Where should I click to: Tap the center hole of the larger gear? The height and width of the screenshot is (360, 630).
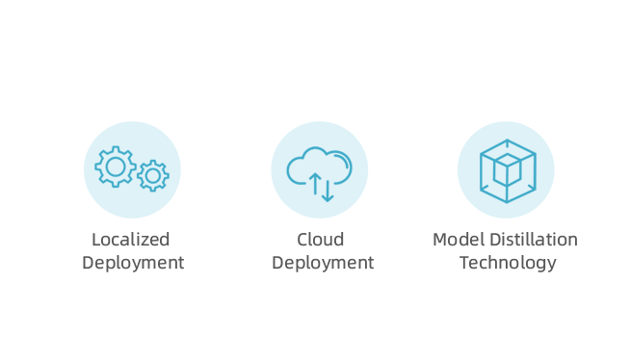[x=116, y=167]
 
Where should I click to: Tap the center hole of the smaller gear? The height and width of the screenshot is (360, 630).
[x=153, y=176]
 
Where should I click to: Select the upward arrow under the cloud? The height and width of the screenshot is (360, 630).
[x=315, y=184]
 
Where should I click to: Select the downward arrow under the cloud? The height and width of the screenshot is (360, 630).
[x=328, y=191]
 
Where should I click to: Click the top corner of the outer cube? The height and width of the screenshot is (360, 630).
[x=507, y=141]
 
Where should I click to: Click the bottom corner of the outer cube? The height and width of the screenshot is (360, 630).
[x=507, y=202]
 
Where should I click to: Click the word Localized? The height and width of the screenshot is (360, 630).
[x=131, y=240]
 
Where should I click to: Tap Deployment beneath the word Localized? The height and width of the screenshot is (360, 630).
[x=133, y=264]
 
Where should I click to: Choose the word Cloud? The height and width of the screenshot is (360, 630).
[x=320, y=240]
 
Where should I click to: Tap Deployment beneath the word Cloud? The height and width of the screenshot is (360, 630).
[x=323, y=264]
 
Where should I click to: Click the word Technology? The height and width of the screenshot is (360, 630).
[x=508, y=264]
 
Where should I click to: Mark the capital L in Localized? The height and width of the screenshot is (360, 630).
[x=96, y=240]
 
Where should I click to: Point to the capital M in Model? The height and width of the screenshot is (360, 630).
[x=439, y=240]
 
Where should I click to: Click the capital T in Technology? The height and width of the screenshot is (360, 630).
[x=465, y=263]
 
